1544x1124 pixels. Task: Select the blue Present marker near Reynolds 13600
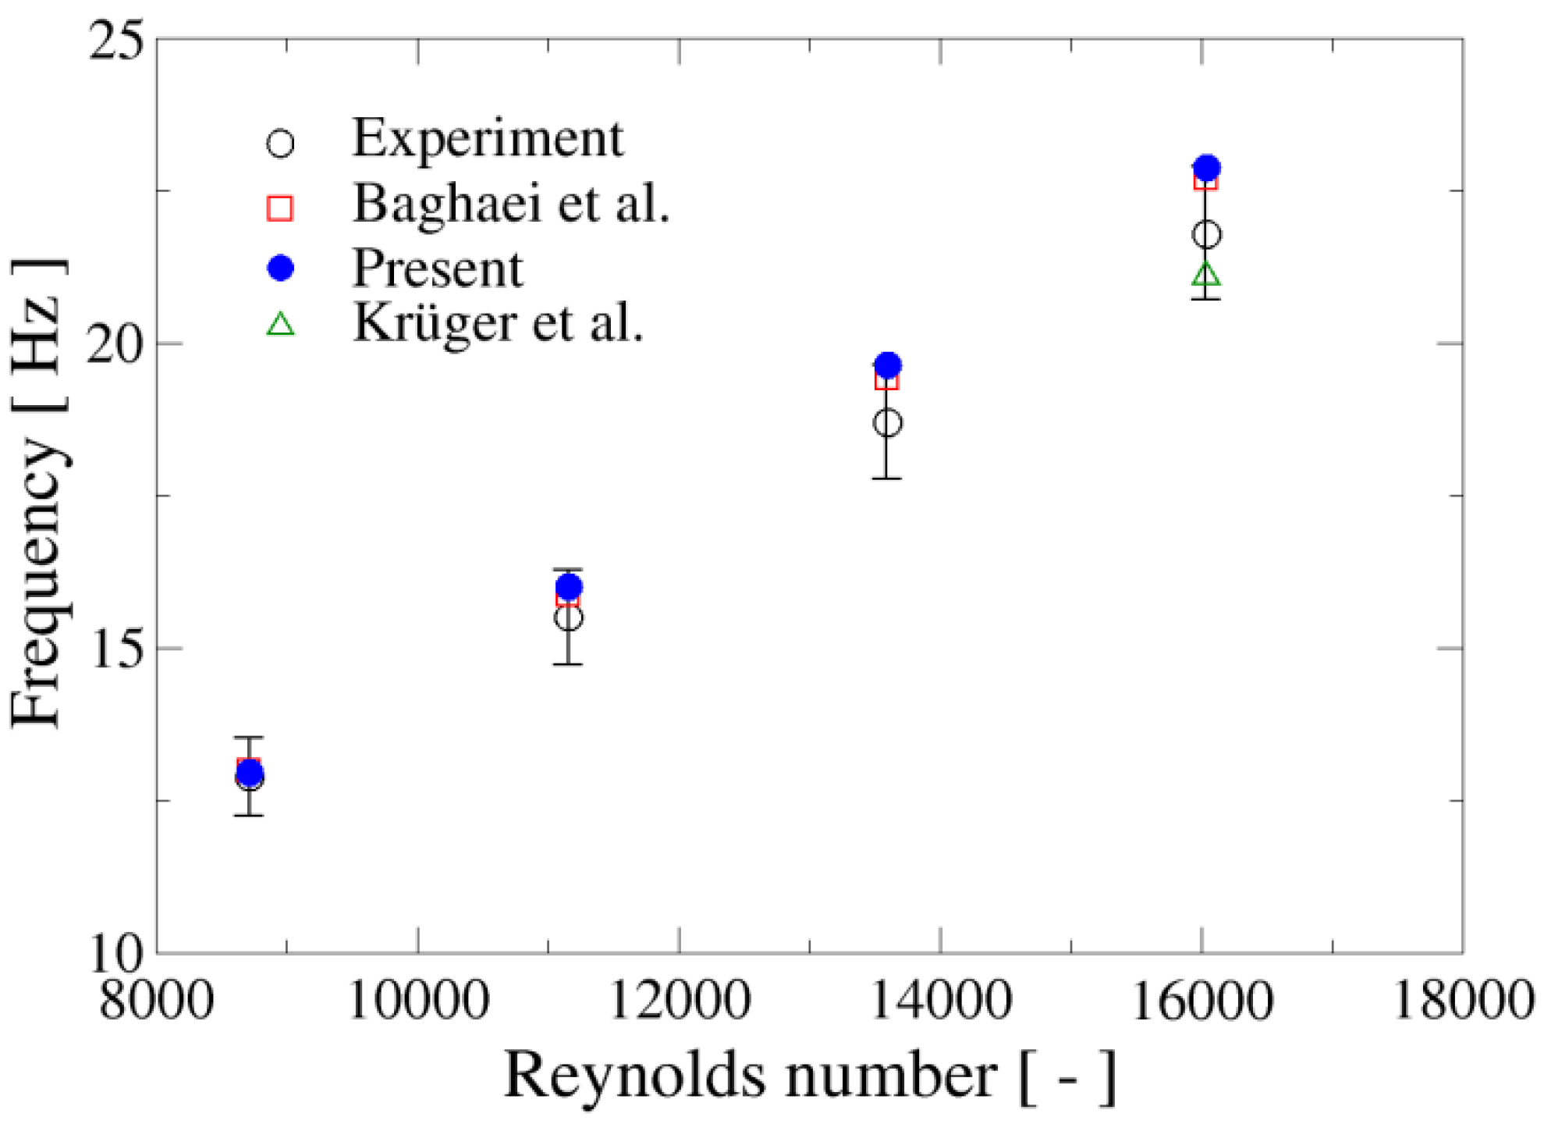click(x=887, y=365)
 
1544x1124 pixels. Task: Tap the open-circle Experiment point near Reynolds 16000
click(x=1206, y=234)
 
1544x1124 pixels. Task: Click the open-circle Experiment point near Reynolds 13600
click(x=887, y=423)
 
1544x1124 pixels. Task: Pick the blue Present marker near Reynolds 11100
click(x=569, y=586)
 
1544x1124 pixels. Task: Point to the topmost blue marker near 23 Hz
click(x=1207, y=167)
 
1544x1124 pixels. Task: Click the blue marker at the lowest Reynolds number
click(x=250, y=774)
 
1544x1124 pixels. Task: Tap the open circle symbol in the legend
click(x=280, y=144)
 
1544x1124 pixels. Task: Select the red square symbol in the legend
click(x=280, y=208)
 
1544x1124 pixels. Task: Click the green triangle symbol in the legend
click(x=280, y=325)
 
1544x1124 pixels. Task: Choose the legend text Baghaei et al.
click(x=511, y=204)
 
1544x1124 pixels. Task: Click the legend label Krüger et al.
click(x=498, y=322)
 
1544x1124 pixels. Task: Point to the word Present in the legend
click(x=437, y=269)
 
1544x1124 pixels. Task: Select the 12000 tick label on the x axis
click(x=679, y=1001)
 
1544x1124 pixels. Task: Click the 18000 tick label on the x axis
click(x=1463, y=1001)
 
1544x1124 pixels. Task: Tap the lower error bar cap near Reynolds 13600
click(x=887, y=478)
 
